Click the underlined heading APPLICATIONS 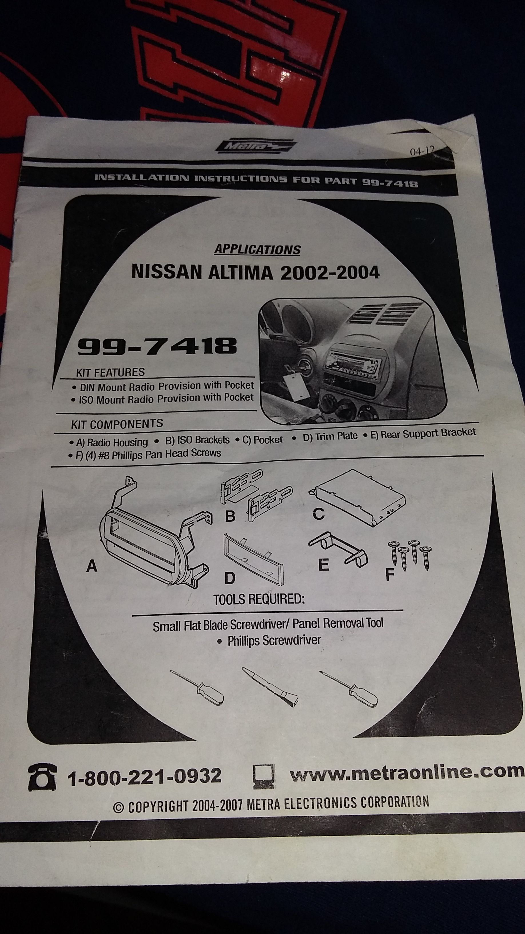(x=257, y=250)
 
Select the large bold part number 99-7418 (x=157, y=346)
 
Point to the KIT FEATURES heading (x=110, y=372)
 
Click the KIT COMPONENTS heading (x=117, y=424)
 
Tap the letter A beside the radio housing (x=92, y=566)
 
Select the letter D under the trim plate (x=230, y=578)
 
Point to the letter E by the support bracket (x=324, y=565)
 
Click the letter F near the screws (x=389, y=574)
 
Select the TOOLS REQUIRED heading (x=259, y=600)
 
